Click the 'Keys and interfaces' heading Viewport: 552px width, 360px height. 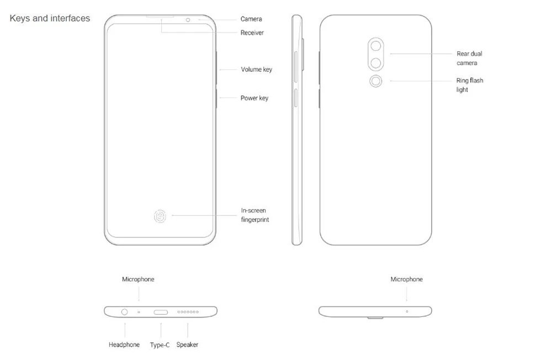coord(50,18)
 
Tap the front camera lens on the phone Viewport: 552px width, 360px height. coord(188,20)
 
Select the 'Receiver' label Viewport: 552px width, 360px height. coord(252,33)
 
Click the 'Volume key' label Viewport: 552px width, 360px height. coord(256,70)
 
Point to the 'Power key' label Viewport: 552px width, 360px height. coord(254,98)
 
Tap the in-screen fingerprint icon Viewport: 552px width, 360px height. coord(160,216)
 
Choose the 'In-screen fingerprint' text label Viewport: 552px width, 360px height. coord(255,215)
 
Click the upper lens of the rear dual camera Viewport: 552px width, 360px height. coord(375,46)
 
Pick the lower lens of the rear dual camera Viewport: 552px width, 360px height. coord(375,63)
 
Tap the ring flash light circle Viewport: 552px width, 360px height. coord(375,81)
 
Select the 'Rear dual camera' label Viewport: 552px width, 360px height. coord(469,58)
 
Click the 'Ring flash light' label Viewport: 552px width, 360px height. coord(470,85)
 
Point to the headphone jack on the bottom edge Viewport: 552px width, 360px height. coord(124,312)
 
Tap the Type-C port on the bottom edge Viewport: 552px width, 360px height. coord(161,312)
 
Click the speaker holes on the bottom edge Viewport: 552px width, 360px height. coord(188,312)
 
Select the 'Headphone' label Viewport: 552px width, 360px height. coord(124,345)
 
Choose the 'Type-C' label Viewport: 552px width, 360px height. coord(160,345)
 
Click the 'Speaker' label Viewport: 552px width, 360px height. coord(187,345)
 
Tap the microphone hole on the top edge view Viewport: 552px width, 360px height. coord(407,311)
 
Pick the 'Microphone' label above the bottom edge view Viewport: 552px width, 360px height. coord(138,279)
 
